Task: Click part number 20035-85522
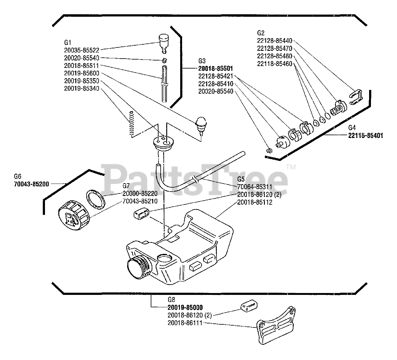pyautogui.click(x=82, y=50)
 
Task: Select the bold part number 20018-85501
pyautogui.click(x=216, y=68)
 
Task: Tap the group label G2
pyautogui.click(x=261, y=33)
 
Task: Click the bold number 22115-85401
pyautogui.click(x=366, y=136)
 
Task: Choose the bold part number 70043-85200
pyautogui.click(x=31, y=184)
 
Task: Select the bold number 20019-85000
pyautogui.click(x=185, y=307)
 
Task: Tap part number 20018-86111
pyautogui.click(x=185, y=323)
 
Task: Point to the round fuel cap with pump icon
pyautogui.click(x=73, y=216)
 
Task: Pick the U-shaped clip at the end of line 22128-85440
pyautogui.click(x=356, y=97)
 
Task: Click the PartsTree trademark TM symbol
pyautogui.click(x=291, y=167)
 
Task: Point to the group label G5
pyautogui.click(x=241, y=179)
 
